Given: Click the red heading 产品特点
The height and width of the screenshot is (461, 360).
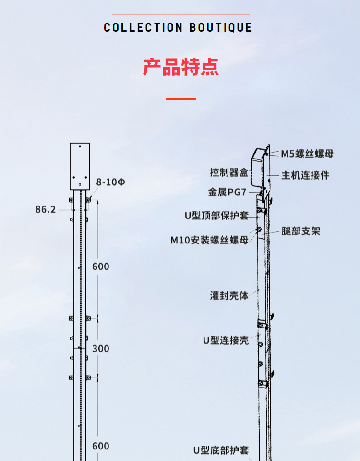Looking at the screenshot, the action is tap(181, 67).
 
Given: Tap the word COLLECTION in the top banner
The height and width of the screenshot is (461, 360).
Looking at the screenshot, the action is tap(143, 27).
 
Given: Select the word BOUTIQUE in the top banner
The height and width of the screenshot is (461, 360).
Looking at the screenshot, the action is tap(220, 27).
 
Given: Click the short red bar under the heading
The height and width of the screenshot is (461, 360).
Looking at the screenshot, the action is tap(181, 99).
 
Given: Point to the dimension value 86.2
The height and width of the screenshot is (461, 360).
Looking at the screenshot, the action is tap(46, 209).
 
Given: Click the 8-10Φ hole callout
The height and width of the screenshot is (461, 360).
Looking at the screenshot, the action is tap(110, 182).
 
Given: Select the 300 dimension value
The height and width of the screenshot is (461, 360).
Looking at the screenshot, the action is tap(100, 348).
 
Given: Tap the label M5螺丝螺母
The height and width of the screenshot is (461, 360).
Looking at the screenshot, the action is tap(307, 154).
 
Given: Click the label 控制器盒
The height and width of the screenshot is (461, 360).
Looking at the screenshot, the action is tap(229, 172).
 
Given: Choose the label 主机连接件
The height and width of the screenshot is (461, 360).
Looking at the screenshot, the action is tap(305, 175).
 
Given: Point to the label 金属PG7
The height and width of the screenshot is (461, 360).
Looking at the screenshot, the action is tap(227, 192).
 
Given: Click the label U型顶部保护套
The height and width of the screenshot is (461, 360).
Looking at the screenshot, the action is tap(217, 216).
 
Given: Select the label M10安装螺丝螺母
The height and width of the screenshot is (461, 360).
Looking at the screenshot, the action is tap(210, 240).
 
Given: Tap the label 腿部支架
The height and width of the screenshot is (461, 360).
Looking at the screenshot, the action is tap(301, 231).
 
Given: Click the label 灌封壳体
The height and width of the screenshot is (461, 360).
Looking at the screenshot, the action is tap(229, 295).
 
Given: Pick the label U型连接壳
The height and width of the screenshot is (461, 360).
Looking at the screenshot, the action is tap(226, 340).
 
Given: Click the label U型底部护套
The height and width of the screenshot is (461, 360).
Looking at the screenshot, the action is tap(221, 450).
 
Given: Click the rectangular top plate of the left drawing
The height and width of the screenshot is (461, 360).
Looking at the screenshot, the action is tap(80, 166).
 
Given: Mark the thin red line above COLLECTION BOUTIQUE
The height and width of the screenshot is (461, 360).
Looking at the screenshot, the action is tap(178, 15).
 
